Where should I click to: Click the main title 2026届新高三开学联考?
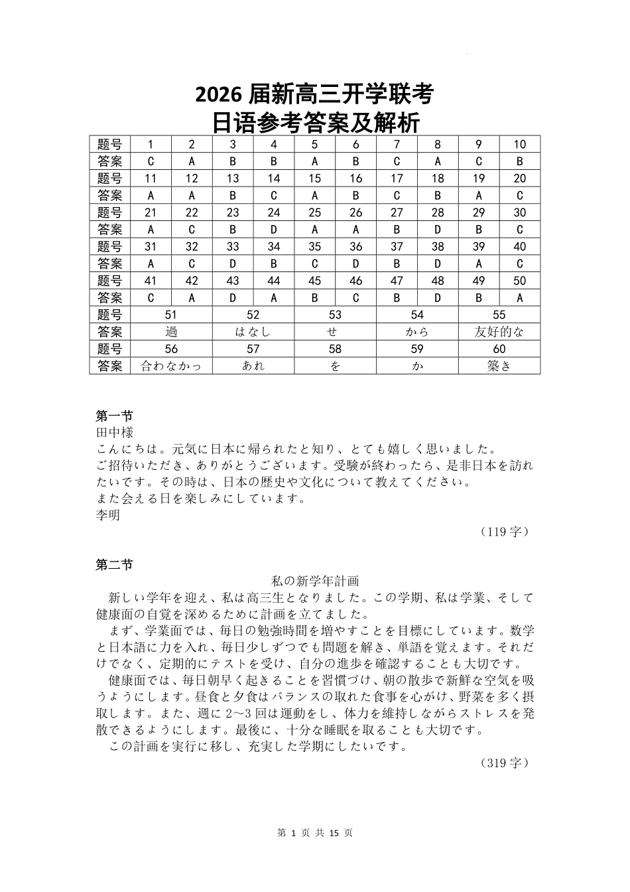(314, 96)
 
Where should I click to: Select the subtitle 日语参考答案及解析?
(314, 123)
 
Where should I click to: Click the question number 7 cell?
(397, 145)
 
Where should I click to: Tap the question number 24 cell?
(274, 213)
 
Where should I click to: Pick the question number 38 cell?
(438, 247)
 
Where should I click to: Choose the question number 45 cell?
(315, 281)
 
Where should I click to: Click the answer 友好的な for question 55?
(499, 333)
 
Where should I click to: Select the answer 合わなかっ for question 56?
(171, 366)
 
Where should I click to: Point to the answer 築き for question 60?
(499, 366)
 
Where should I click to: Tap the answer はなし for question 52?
(253, 333)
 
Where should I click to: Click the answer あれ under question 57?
(253, 366)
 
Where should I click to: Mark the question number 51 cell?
(171, 315)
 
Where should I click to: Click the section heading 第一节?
(114, 416)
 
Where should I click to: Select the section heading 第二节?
(114, 565)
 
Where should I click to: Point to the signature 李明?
(108, 515)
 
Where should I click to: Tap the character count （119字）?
(505, 532)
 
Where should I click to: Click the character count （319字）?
(505, 763)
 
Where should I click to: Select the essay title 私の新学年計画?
(315, 581)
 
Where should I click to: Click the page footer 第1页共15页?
(314, 833)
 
